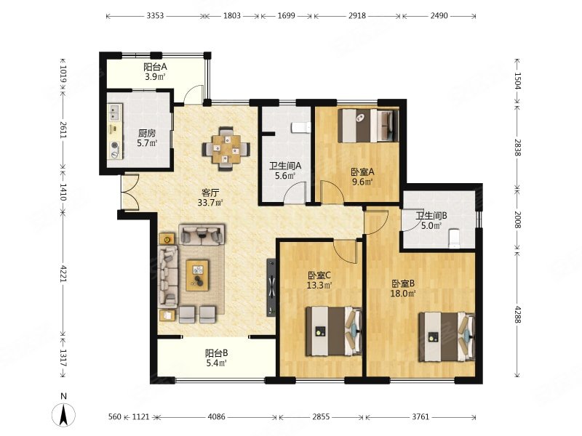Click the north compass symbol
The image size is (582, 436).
point(63,413)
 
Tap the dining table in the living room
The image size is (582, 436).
point(226,149)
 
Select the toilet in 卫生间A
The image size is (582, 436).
point(301,128)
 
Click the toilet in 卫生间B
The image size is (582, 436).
point(454,239)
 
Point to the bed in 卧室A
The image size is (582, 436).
point(368,125)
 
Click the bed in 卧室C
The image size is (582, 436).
point(334,331)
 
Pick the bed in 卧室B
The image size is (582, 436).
point(447,336)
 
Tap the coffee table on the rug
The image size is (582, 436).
point(197,275)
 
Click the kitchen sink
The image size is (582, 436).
point(115,113)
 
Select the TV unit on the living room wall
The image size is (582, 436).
point(271,287)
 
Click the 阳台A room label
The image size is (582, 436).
point(155,67)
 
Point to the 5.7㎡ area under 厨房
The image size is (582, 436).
point(147,143)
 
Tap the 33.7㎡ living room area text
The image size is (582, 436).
point(210,203)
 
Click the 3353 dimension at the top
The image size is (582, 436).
point(155,15)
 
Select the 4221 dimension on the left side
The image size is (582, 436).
point(63,273)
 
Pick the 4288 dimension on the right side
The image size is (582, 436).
point(518,314)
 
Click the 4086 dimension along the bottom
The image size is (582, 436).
point(216,416)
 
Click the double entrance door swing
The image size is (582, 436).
point(129,193)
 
